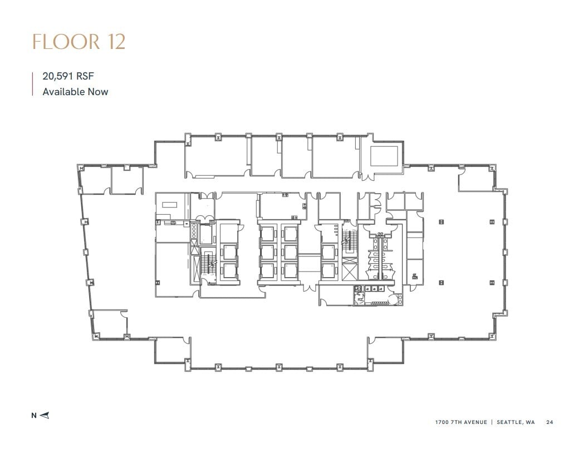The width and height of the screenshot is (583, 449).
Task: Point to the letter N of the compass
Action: click(x=34, y=415)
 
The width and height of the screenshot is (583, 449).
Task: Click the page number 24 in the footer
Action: click(x=550, y=422)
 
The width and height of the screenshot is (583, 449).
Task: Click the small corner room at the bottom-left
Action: click(x=109, y=322)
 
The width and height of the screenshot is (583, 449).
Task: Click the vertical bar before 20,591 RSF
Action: click(x=33, y=84)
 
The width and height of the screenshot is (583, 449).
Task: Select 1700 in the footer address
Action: click(x=442, y=422)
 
